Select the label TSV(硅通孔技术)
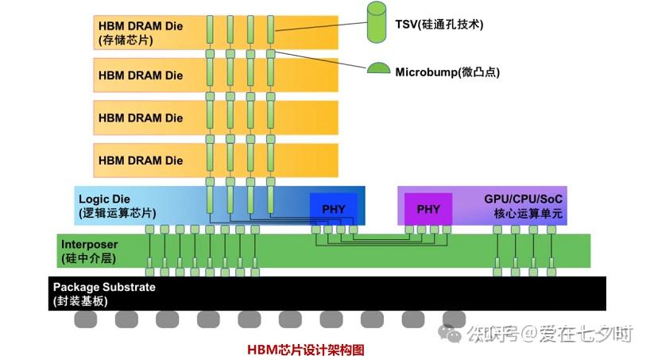click(439, 25)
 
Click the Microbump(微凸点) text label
click(447, 72)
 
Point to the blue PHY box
click(334, 209)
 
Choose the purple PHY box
click(428, 209)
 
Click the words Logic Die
click(104, 199)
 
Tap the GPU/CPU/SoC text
click(526, 199)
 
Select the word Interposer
click(89, 244)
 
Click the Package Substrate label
click(104, 287)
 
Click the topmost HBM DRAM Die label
click(140, 25)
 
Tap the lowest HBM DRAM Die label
click(140, 161)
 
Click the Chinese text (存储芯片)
click(125, 40)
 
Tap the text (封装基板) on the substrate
click(80, 301)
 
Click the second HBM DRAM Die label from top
click(140, 75)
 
